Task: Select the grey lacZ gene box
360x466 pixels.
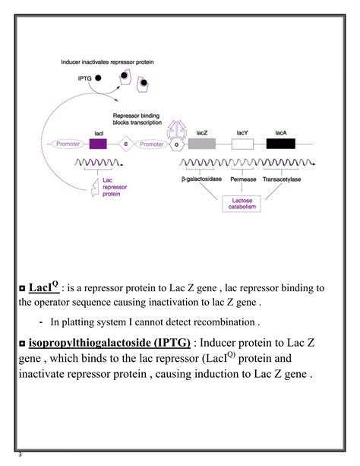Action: pos(202,143)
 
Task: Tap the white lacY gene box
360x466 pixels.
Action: pos(242,143)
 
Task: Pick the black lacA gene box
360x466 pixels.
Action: pos(280,143)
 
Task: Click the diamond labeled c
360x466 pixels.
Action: pos(126,143)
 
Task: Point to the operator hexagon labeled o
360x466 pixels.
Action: pos(178,143)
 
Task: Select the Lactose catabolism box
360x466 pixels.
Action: pos(241,204)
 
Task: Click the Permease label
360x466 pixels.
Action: pos(242,180)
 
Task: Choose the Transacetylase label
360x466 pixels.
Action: pos(280,180)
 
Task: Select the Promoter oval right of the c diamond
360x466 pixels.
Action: pos(152,143)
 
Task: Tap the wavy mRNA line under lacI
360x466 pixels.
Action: pos(93,163)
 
